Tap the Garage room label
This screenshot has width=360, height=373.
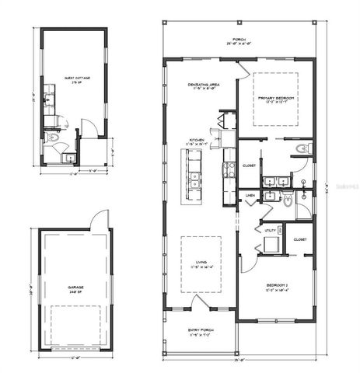click(x=75, y=289)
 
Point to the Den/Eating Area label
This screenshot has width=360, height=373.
click(x=203, y=86)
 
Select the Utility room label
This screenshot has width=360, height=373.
click(x=270, y=231)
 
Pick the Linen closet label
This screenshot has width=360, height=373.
click(x=251, y=195)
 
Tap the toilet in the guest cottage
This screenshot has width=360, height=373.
click(x=52, y=138)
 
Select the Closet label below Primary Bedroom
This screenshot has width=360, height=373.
click(x=250, y=166)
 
